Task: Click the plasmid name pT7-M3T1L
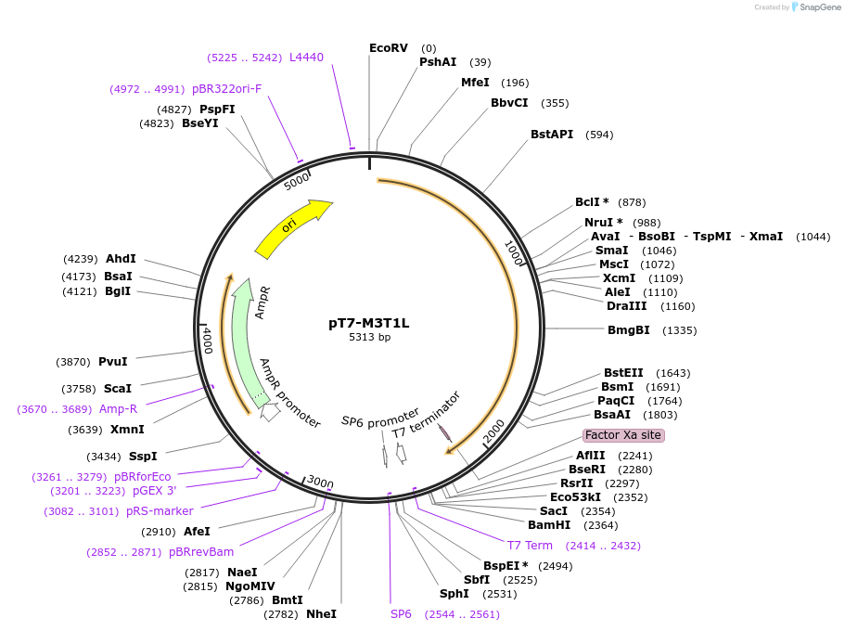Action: coord(368,323)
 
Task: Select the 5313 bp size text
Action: coord(368,338)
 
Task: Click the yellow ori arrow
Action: coord(293,228)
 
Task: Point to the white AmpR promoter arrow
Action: coord(270,411)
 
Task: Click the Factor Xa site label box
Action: coord(623,435)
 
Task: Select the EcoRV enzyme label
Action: coord(388,48)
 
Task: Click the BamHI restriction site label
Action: coord(549,525)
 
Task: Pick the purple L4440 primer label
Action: coord(306,58)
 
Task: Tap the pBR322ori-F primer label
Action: coord(226,89)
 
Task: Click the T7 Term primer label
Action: coord(530,546)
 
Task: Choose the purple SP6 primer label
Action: coord(401,614)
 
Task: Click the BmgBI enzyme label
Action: coord(628,330)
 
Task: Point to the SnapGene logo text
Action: coord(819,7)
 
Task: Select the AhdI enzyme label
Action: coord(121,259)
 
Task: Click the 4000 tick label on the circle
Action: coord(208,341)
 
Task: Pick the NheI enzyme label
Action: coord(321,614)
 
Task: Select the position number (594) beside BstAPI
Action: coord(599,135)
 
